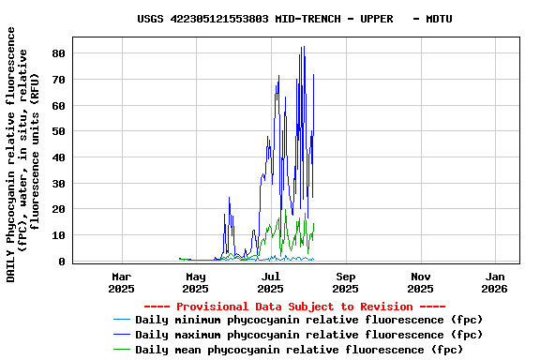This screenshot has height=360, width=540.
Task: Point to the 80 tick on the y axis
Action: pos(58,53)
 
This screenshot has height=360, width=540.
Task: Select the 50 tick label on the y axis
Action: pos(58,132)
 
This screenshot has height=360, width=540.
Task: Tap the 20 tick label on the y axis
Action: pos(58,210)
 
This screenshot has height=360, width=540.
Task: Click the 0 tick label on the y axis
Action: pos(62,262)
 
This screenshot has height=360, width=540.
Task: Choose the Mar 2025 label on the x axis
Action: pos(121,283)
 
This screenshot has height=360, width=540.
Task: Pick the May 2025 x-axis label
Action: pos(196,283)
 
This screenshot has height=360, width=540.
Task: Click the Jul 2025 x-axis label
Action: pos(271,283)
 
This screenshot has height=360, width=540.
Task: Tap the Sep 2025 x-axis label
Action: pos(346,283)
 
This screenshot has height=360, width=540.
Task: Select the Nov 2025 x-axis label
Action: pos(421,283)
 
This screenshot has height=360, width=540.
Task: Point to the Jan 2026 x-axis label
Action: pos(496,283)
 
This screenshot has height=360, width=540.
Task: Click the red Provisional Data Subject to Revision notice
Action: pos(294,307)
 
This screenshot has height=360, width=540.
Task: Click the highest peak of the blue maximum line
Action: pos(302,47)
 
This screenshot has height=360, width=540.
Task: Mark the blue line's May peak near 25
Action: pos(229,198)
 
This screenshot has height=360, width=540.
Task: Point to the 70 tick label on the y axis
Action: pos(58,80)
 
